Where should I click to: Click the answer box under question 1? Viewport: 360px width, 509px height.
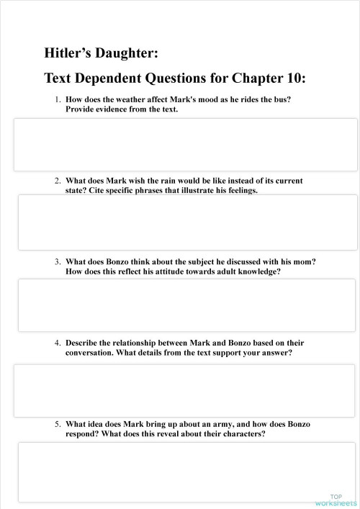186,145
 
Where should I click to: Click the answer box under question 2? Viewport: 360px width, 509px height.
186,222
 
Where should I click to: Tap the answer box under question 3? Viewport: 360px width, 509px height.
186,305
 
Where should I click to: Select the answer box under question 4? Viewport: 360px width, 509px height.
186,390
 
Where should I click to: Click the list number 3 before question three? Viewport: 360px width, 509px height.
58,262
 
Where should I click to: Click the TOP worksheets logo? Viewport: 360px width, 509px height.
336,500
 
